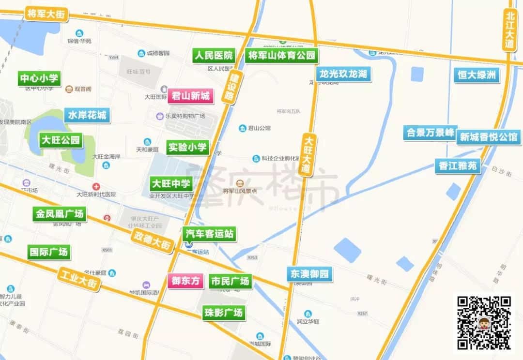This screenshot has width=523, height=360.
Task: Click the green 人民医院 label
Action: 213,55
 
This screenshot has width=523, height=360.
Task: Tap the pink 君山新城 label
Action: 190,96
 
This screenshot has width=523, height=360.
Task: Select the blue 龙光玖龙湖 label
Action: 343,74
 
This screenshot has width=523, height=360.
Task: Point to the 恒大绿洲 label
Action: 477,75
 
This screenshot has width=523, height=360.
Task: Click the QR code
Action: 484,323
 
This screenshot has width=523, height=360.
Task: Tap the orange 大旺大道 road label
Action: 307,154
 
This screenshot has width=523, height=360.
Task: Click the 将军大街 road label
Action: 46,15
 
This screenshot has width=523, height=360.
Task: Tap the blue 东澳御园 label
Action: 310,274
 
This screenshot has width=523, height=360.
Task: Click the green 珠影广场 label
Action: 223,313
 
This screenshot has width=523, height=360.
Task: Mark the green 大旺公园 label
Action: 61,141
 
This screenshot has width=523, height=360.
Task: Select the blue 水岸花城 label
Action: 87,115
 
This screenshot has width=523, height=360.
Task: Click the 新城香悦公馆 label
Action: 488,137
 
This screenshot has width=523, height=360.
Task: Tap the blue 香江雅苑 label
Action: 458,166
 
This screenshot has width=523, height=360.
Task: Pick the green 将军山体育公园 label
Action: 281,55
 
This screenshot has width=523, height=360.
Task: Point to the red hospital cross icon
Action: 97,187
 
